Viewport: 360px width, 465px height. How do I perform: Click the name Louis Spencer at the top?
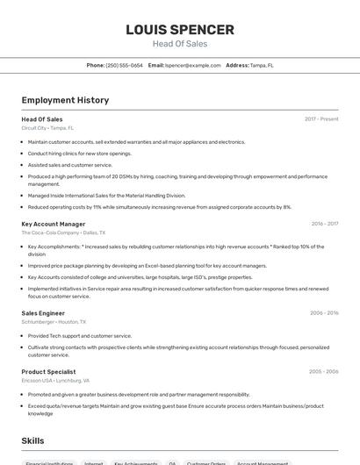[180, 29]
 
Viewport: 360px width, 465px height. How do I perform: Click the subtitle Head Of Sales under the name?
[180, 44]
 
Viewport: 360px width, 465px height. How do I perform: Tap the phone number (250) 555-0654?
[125, 66]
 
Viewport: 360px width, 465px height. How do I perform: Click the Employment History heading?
[65, 100]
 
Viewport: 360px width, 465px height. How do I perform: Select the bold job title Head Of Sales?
[42, 119]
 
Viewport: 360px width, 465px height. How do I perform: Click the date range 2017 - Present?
[321, 119]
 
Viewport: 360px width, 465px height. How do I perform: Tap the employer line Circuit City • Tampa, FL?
[47, 128]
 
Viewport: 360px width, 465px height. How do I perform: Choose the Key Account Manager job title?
[54, 224]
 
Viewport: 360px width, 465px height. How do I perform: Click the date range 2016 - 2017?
[324, 224]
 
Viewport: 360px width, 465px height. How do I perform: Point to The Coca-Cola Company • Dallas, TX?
[63, 232]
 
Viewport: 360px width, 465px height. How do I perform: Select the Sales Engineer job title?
[43, 313]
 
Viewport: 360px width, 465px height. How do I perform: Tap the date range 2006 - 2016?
[324, 313]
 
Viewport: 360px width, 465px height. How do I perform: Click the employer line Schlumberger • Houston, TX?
[54, 322]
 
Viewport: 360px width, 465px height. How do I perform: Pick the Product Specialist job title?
[49, 371]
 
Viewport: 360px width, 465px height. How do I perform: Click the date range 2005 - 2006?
[324, 371]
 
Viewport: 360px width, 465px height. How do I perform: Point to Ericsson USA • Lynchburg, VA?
[55, 380]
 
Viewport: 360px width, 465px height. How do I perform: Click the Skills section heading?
[32, 440]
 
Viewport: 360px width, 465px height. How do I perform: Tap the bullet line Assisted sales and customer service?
[70, 165]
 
